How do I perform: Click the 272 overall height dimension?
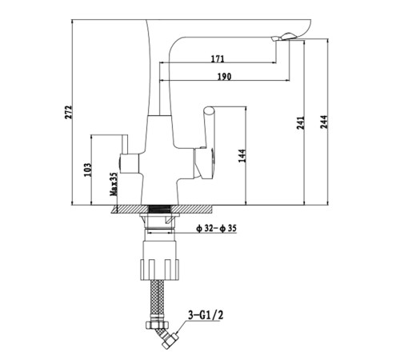[x=69, y=112]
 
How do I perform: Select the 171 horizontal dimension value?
[x=218, y=58]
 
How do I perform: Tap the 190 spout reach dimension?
[x=224, y=77]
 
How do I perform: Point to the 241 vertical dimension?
[x=301, y=122]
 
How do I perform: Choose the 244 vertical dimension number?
[x=324, y=122]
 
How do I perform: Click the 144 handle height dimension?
[x=242, y=156]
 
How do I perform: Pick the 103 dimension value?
[x=87, y=170]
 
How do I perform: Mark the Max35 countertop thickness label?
[x=114, y=184]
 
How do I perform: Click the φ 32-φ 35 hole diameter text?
[x=216, y=228]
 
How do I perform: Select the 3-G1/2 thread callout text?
[x=206, y=315]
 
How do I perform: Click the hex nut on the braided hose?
[x=157, y=325]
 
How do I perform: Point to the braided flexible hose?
[x=158, y=300]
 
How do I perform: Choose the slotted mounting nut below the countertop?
[x=160, y=270]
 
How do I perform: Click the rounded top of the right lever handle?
[x=208, y=110]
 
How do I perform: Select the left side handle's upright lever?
[x=125, y=144]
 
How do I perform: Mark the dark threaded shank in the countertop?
[x=159, y=210]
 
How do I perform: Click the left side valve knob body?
[x=129, y=163]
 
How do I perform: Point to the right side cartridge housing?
[x=203, y=163]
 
